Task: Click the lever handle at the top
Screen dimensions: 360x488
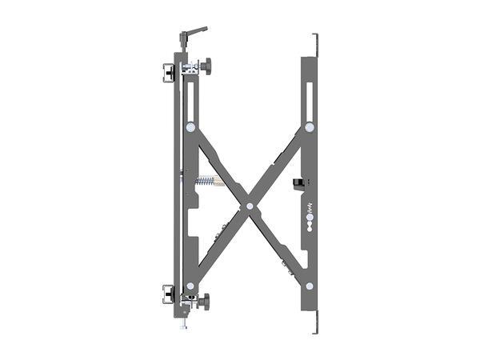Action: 194,31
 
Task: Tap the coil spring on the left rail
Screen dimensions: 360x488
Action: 206,182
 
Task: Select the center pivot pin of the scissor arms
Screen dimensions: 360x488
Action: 250,206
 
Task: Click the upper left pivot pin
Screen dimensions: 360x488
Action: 190,126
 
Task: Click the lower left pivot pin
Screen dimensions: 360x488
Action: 190,286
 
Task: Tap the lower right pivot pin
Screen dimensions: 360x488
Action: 309,286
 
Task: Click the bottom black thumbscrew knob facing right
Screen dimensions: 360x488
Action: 206,302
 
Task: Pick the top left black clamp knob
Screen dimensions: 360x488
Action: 168,70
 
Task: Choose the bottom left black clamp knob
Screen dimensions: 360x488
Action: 168,294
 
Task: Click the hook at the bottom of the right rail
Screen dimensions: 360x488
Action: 318,328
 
